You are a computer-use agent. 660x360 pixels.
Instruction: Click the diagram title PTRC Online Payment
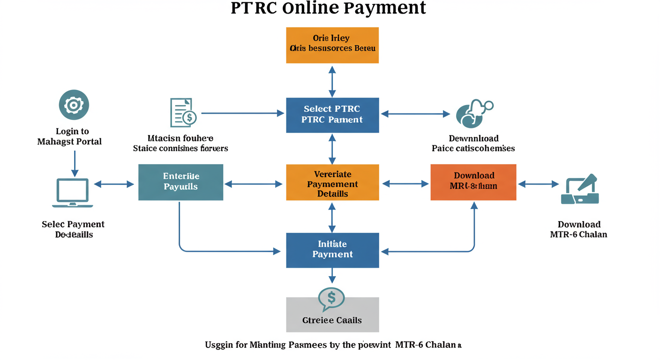click(328, 8)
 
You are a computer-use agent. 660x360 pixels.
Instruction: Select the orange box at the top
click(332, 45)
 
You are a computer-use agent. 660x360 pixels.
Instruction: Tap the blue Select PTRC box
click(332, 115)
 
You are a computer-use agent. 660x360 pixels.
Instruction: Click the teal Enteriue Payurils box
click(180, 182)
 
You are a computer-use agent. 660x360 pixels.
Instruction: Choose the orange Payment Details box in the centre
click(332, 182)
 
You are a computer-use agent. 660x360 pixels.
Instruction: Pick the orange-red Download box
click(473, 182)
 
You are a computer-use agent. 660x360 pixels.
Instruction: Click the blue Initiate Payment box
click(332, 250)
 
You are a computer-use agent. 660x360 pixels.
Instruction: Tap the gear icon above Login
click(74, 105)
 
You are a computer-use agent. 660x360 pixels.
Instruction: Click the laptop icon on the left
click(72, 192)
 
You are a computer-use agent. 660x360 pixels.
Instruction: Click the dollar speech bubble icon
click(331, 299)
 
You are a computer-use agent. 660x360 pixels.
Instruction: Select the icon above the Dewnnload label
click(474, 113)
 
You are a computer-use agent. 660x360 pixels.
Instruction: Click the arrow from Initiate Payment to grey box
click(332, 276)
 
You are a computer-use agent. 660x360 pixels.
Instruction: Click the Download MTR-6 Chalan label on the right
click(578, 229)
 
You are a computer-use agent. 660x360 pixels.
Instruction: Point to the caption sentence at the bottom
click(333, 345)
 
